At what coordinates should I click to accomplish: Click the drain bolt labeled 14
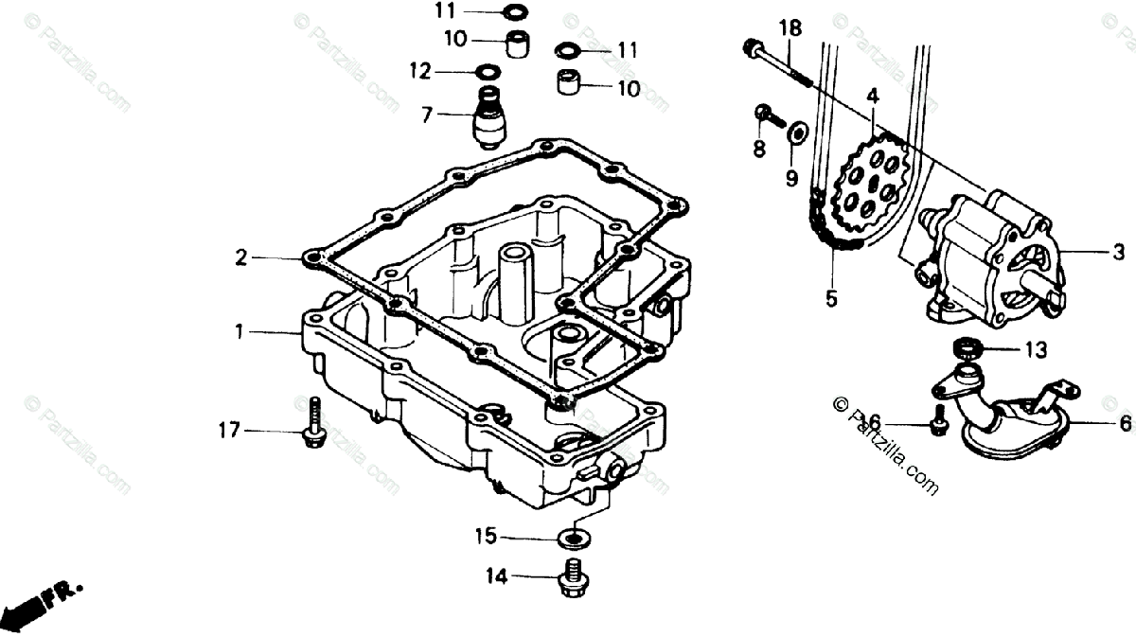coord(571,578)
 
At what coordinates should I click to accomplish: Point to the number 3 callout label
coord(1118,253)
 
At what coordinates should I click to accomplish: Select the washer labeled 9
coord(796,133)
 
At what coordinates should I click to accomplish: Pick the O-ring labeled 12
coord(488,71)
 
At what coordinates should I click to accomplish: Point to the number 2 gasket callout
coord(241,257)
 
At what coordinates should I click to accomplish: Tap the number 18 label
coord(790,28)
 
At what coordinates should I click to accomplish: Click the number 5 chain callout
coord(831,300)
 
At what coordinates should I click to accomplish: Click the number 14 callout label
coord(498,575)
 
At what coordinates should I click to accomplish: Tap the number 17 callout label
coord(230,433)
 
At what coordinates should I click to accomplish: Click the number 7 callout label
coord(428,115)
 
